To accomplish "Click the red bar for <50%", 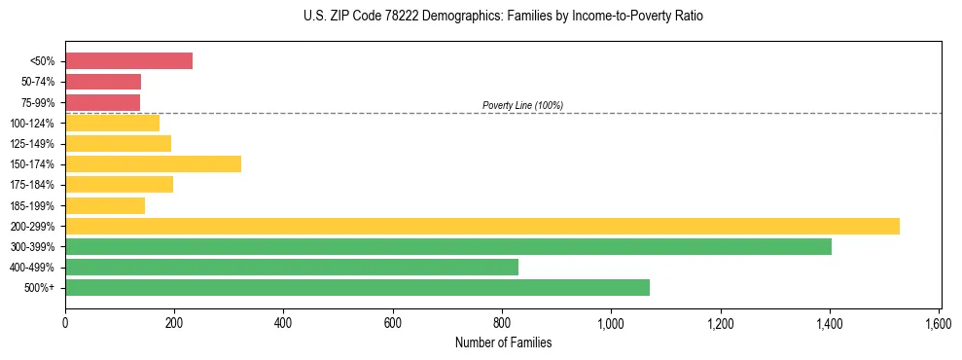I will pos(128,61).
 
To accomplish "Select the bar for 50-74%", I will pos(103,82).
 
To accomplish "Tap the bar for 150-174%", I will pos(153,164).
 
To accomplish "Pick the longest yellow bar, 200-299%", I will pos(481,227).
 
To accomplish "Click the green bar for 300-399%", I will pos(447,247).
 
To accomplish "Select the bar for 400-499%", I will pos(291,268).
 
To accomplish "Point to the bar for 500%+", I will pos(357,288).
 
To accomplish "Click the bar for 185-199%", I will pos(105,205).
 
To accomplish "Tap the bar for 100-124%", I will pos(112,124).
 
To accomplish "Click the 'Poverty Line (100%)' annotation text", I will pos(522,105).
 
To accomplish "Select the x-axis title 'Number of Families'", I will pos(503,342).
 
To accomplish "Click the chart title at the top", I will pos(503,17).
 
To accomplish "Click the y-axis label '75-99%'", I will pos(38,103).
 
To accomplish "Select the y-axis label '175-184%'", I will pos(34,185).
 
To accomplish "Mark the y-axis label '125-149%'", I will pos(34,144).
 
